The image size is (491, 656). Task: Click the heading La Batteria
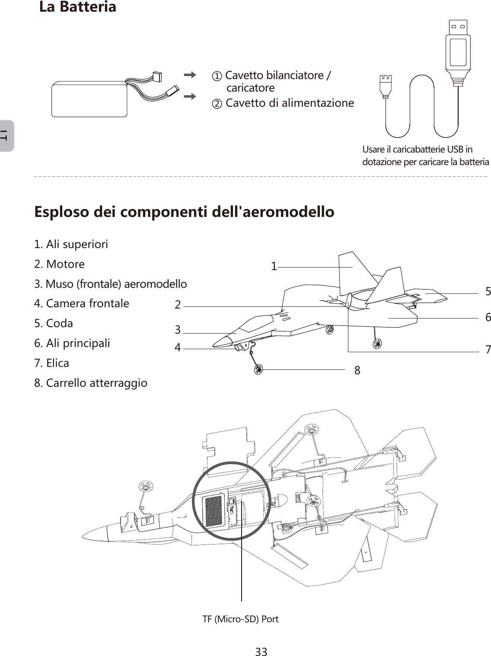[78, 7]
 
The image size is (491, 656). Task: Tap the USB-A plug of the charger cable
[458, 48]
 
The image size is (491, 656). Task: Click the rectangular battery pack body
[89, 100]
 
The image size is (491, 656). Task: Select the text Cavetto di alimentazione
[290, 103]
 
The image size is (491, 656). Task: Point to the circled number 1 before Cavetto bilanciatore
[217, 76]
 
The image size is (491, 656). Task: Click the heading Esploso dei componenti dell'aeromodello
[184, 212]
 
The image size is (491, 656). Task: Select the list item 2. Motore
[60, 264]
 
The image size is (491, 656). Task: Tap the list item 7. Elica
[52, 363]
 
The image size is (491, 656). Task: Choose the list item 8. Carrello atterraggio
[91, 383]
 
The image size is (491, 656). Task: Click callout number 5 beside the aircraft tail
[488, 292]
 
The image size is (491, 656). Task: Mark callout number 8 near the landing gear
[357, 370]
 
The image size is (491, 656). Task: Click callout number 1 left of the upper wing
[274, 267]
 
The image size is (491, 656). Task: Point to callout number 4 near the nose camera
[178, 347]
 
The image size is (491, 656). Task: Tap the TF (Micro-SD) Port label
[241, 619]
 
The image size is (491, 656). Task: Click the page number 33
[261, 651]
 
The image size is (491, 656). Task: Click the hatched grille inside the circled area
[213, 511]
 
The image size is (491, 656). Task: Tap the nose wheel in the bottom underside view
[147, 487]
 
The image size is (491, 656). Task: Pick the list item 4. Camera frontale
[82, 303]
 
